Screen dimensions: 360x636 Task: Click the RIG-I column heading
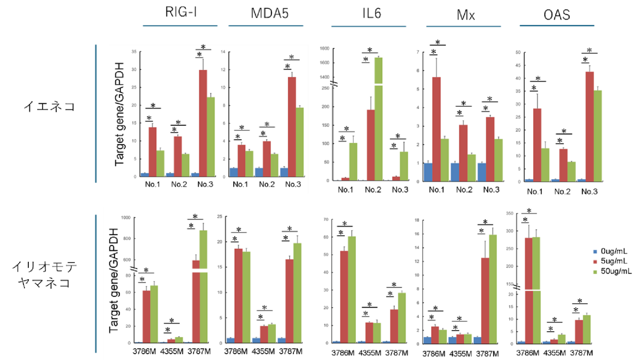click(181, 14)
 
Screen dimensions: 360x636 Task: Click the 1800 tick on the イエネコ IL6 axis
click(324, 48)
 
